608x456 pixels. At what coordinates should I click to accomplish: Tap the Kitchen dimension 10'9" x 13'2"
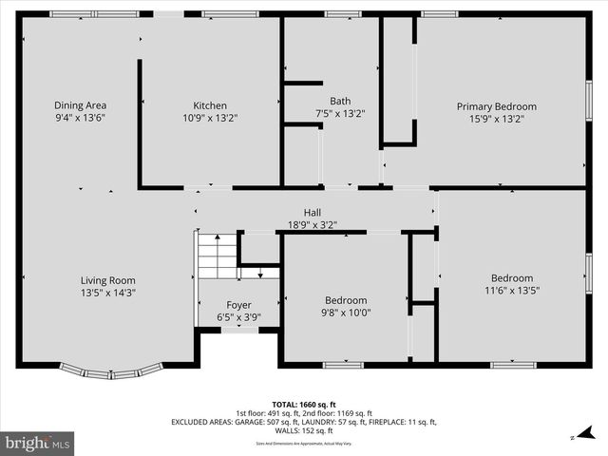(210, 119)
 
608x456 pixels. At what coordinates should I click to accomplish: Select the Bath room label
(340, 101)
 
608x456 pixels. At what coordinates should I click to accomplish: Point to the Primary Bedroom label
(496, 106)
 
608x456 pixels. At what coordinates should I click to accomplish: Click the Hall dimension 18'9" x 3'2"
(313, 225)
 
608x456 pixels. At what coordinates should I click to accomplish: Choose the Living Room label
(107, 280)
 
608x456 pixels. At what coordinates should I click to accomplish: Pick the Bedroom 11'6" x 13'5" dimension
(512, 291)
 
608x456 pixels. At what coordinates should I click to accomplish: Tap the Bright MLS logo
(38, 443)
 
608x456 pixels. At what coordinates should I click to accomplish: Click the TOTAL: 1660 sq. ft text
(304, 404)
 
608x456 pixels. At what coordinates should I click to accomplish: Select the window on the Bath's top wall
(342, 14)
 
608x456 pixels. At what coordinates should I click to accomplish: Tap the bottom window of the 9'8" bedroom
(343, 365)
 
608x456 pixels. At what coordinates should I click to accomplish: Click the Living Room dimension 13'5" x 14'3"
(107, 294)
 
